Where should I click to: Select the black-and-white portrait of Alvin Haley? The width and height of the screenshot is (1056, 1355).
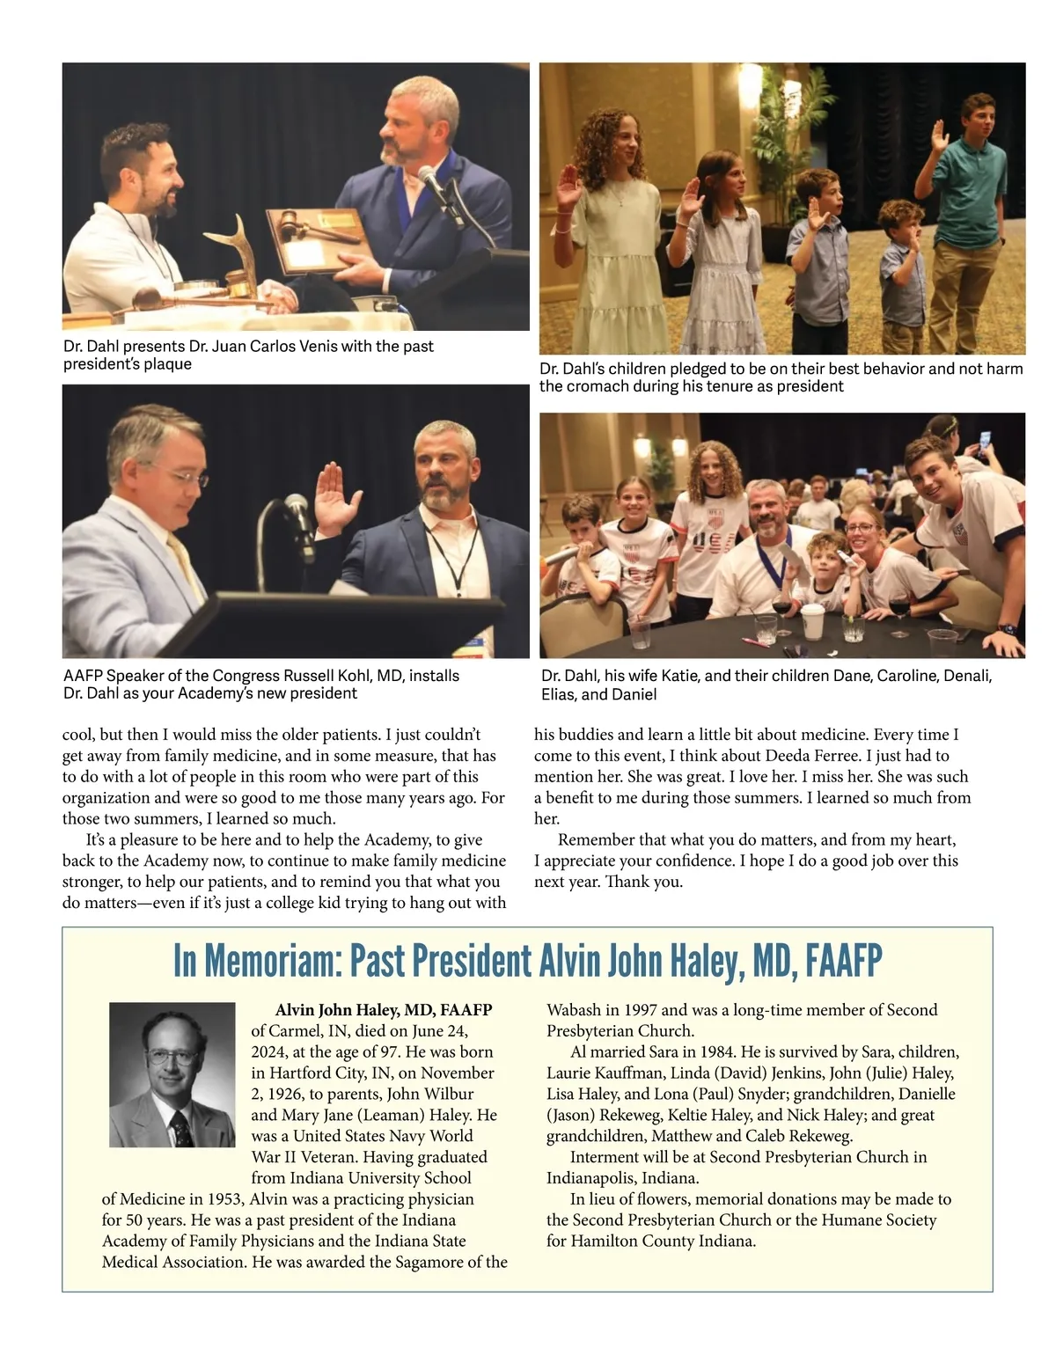(172, 1074)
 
